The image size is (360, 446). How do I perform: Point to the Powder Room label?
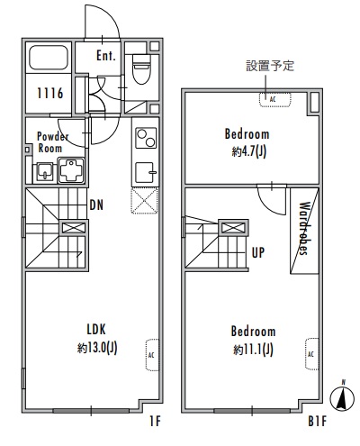coord(50,141)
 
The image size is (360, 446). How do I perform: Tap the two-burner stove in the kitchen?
coord(144,138)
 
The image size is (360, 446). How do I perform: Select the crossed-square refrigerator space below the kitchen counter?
coord(144,200)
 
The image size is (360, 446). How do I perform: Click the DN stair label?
coord(96,204)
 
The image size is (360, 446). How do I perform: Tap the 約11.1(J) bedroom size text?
coord(253,348)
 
